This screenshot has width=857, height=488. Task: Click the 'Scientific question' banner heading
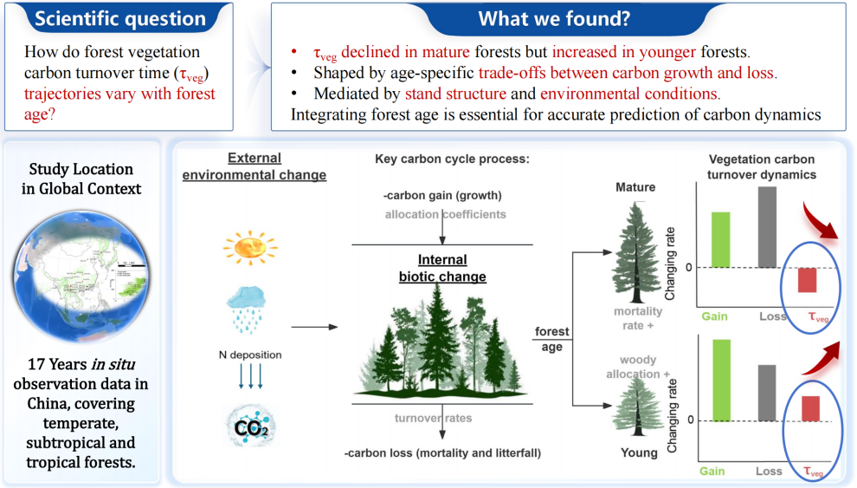(120, 18)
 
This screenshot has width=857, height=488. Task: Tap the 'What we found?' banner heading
(554, 18)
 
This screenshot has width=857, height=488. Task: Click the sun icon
(250, 247)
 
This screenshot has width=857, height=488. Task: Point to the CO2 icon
(251, 426)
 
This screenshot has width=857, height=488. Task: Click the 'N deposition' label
(250, 355)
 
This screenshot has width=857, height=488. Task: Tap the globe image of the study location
(81, 277)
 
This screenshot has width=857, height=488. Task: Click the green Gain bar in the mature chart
(720, 239)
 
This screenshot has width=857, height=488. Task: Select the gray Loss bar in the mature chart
(767, 227)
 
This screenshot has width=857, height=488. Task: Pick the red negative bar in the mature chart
(807, 280)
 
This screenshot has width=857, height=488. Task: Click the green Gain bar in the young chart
(721, 381)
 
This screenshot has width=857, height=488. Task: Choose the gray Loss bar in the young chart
(767, 393)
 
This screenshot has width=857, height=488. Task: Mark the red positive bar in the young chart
(810, 408)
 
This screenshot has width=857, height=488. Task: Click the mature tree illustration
(636, 252)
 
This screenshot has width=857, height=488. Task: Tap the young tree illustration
(638, 407)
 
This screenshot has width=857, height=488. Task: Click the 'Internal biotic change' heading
(442, 268)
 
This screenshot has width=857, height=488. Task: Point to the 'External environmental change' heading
(255, 166)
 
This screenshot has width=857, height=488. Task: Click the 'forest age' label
(551, 339)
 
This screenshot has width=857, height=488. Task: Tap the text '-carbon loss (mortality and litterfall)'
(442, 453)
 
